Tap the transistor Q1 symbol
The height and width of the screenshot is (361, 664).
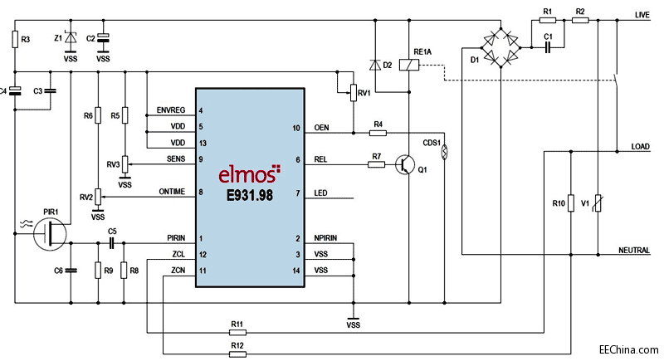406,164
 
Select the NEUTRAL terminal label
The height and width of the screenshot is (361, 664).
635,251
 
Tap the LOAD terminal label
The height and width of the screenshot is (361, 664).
640,146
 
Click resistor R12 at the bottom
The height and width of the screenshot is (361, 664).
237,354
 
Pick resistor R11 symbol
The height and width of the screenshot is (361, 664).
237,332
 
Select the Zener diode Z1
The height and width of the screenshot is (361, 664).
71,37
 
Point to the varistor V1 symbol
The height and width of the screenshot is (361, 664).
600,202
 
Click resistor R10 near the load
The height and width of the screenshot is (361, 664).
571,202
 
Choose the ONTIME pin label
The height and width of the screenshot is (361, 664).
173,193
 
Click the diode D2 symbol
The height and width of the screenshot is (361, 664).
375,64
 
